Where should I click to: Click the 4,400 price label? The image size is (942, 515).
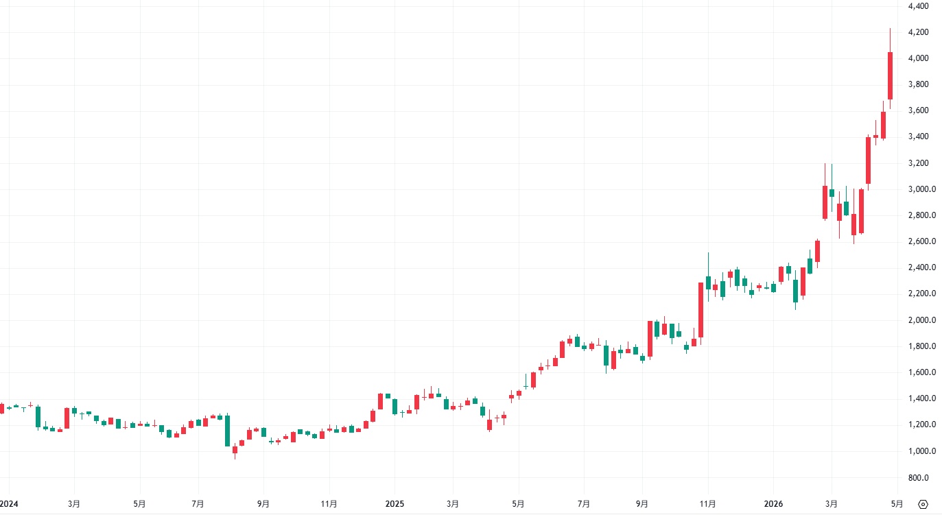coord(917,6)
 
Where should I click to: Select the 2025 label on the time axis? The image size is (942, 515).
coord(395,504)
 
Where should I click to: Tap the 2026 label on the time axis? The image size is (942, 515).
coord(773,504)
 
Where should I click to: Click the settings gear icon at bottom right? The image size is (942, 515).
coord(923,505)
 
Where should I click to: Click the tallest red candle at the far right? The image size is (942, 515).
coord(890,75)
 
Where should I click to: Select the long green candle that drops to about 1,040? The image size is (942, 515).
coord(227,431)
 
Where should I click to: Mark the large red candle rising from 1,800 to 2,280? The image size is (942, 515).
coord(700,310)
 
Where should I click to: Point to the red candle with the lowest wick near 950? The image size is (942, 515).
coord(235,450)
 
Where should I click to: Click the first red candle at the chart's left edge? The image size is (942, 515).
coord(1,408)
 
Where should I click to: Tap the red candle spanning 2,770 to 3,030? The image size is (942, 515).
coord(825,202)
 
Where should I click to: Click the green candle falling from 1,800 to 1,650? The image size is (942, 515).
coord(606,355)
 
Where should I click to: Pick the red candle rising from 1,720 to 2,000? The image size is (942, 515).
coord(650,339)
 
